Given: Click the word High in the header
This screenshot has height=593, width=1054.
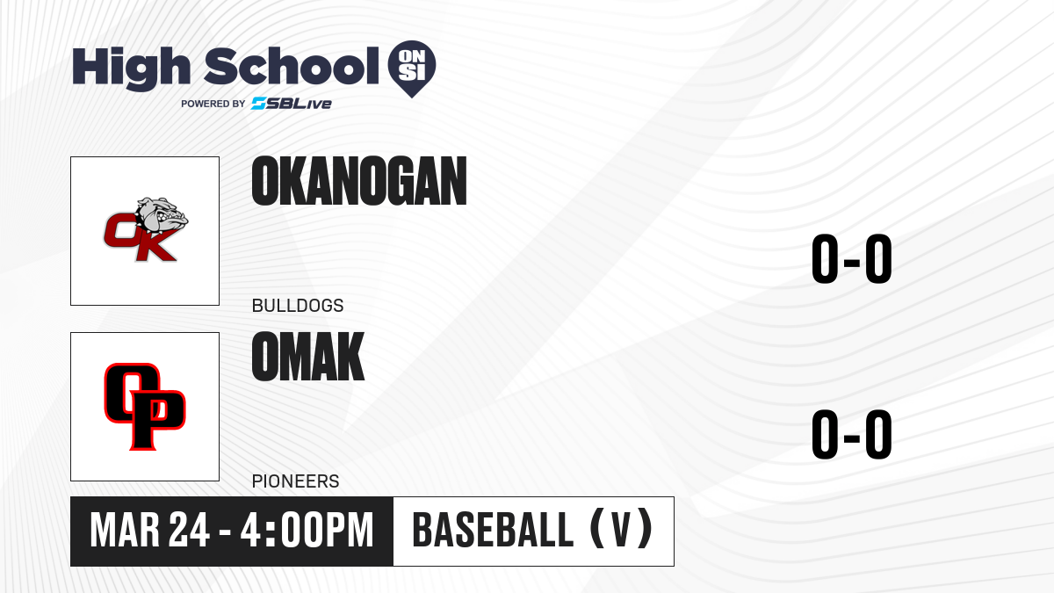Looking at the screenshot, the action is click(x=131, y=69).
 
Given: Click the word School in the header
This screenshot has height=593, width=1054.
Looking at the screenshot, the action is click(x=292, y=66).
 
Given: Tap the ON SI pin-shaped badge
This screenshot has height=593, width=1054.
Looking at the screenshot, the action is click(x=412, y=69).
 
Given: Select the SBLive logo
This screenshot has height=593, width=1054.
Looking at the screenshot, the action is click(x=292, y=104).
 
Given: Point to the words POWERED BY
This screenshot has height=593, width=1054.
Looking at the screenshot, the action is click(x=213, y=104).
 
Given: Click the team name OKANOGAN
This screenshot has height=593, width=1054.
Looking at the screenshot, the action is click(x=359, y=181).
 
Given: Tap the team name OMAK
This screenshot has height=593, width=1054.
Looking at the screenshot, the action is click(x=308, y=357).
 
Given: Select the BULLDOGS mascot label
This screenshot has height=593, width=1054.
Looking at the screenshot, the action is click(x=298, y=306).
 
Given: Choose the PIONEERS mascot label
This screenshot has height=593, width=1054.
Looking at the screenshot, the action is click(x=295, y=481).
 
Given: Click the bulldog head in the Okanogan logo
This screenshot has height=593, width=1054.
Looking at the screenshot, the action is click(x=162, y=217).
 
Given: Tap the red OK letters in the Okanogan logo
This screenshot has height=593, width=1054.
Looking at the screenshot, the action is click(x=141, y=237).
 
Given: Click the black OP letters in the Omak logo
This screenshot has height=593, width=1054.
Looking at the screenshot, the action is click(x=145, y=407).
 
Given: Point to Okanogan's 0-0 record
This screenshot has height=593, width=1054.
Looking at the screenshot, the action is click(x=852, y=259).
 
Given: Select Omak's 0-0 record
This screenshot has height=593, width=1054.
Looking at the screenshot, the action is click(x=852, y=434).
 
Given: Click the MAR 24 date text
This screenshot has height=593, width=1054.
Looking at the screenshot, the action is click(x=149, y=531).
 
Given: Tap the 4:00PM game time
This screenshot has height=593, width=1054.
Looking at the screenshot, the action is click(x=307, y=531).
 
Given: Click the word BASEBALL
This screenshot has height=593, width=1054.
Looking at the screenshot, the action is click(x=493, y=530).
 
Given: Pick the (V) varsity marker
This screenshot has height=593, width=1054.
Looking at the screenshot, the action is click(x=621, y=529).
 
